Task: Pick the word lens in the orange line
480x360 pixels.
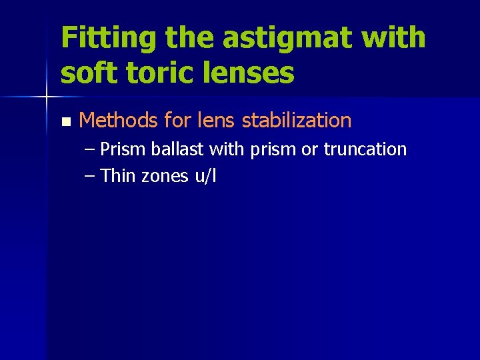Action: tap(220, 121)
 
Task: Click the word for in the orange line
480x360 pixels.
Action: tap(177, 121)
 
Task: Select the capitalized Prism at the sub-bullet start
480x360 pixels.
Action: tap(124, 149)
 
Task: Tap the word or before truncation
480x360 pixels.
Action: tap(309, 149)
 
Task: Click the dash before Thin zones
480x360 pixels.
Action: tap(91, 176)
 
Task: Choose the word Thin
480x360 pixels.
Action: tap(119, 176)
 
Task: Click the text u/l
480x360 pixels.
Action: tap(205, 176)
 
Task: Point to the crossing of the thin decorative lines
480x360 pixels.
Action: tap(46, 97)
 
